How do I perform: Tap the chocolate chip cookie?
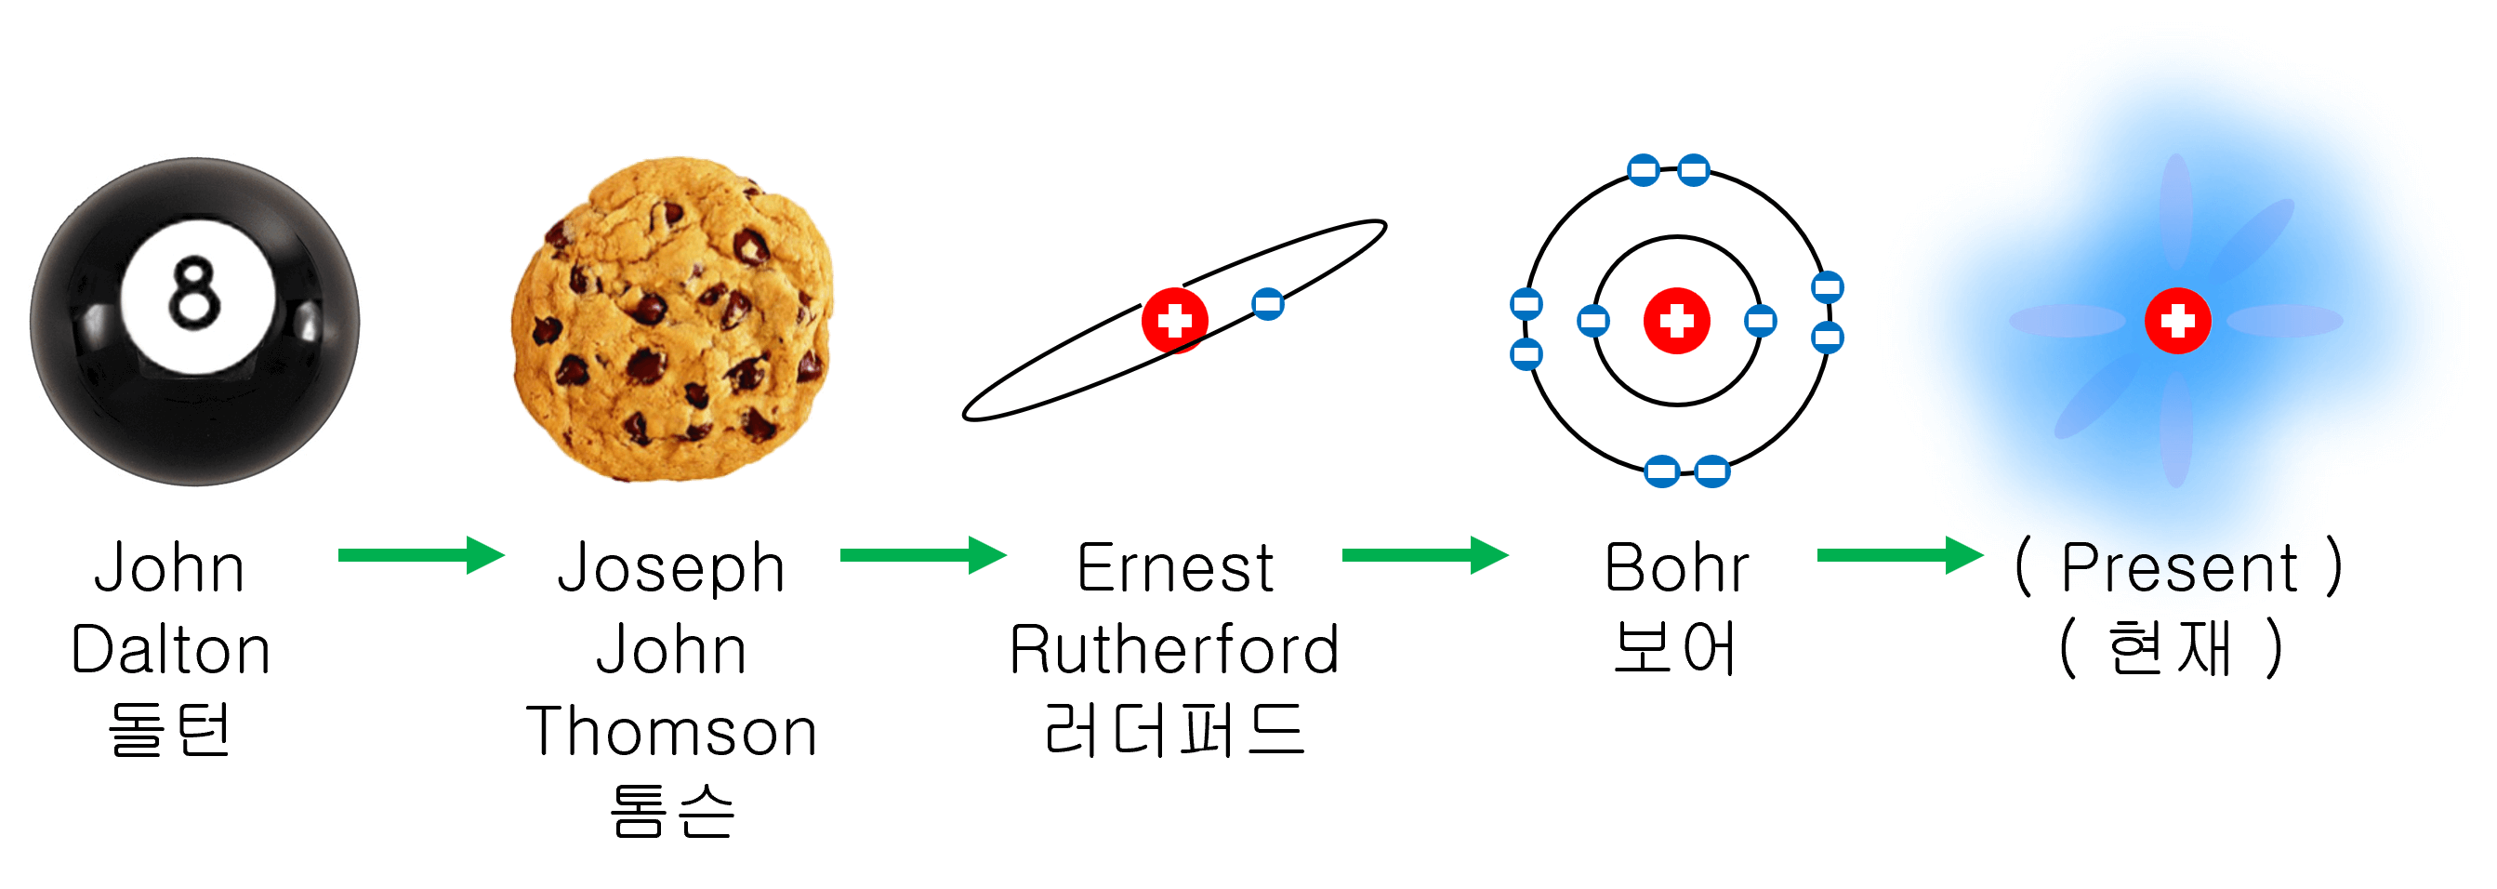[x=672, y=320]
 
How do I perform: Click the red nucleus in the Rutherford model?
[x=1174, y=320]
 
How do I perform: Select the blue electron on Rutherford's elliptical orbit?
[x=1267, y=304]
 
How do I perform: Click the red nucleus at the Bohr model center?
[x=1676, y=320]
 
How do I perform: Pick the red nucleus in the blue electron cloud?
[x=2177, y=320]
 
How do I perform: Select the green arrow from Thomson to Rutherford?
[x=923, y=555]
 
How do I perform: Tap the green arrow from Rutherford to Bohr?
[x=1425, y=555]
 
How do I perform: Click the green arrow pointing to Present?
[x=1900, y=555]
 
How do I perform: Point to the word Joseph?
[x=671, y=569]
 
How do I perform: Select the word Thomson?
[x=671, y=732]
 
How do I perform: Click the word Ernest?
[x=1175, y=568]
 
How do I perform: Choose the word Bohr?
[x=1676, y=568]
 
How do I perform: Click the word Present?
[x=2178, y=568]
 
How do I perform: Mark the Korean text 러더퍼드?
[x=1174, y=730]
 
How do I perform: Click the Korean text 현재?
[x=2170, y=647]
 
